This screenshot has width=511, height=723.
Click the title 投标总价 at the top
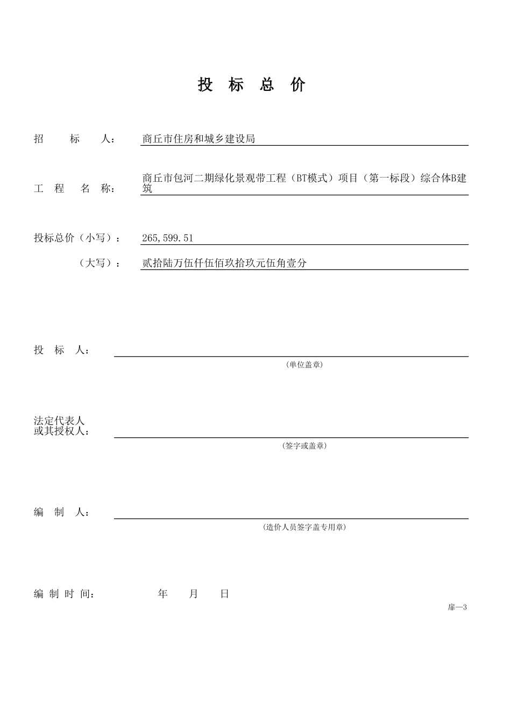coord(252,84)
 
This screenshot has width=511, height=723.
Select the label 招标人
coord(74,139)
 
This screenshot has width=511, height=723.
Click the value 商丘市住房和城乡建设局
coord(198,139)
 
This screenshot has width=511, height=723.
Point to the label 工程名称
coord(74,189)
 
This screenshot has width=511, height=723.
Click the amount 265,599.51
coord(167,238)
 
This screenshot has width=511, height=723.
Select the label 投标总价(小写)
coord(77,238)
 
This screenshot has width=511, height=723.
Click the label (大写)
coord(100,263)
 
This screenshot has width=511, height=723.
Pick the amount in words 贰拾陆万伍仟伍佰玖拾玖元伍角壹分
coord(224,263)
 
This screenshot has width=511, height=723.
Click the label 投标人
coord(61,350)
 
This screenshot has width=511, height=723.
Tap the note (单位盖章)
coord(304,365)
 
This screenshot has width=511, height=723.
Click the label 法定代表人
coord(59,421)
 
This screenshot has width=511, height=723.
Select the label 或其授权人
coord(61,431)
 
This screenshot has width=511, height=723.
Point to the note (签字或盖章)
coord(304,446)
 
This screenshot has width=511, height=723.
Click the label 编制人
coord(61,513)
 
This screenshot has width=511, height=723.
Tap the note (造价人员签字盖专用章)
coord(304,527)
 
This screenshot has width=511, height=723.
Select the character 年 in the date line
coord(163,594)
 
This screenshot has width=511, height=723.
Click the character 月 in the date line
coord(194,594)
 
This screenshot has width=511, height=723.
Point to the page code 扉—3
coord(457,607)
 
